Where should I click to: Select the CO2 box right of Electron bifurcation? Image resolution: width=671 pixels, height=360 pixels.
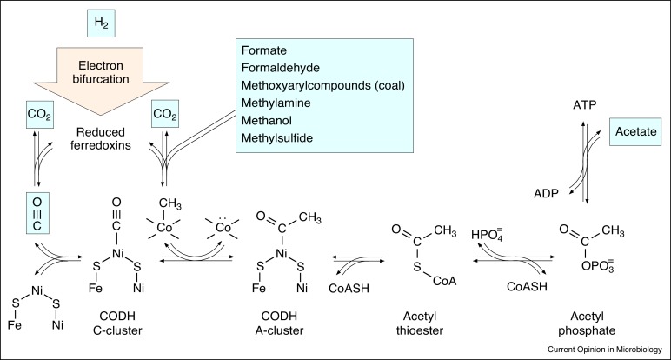click(165, 113)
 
